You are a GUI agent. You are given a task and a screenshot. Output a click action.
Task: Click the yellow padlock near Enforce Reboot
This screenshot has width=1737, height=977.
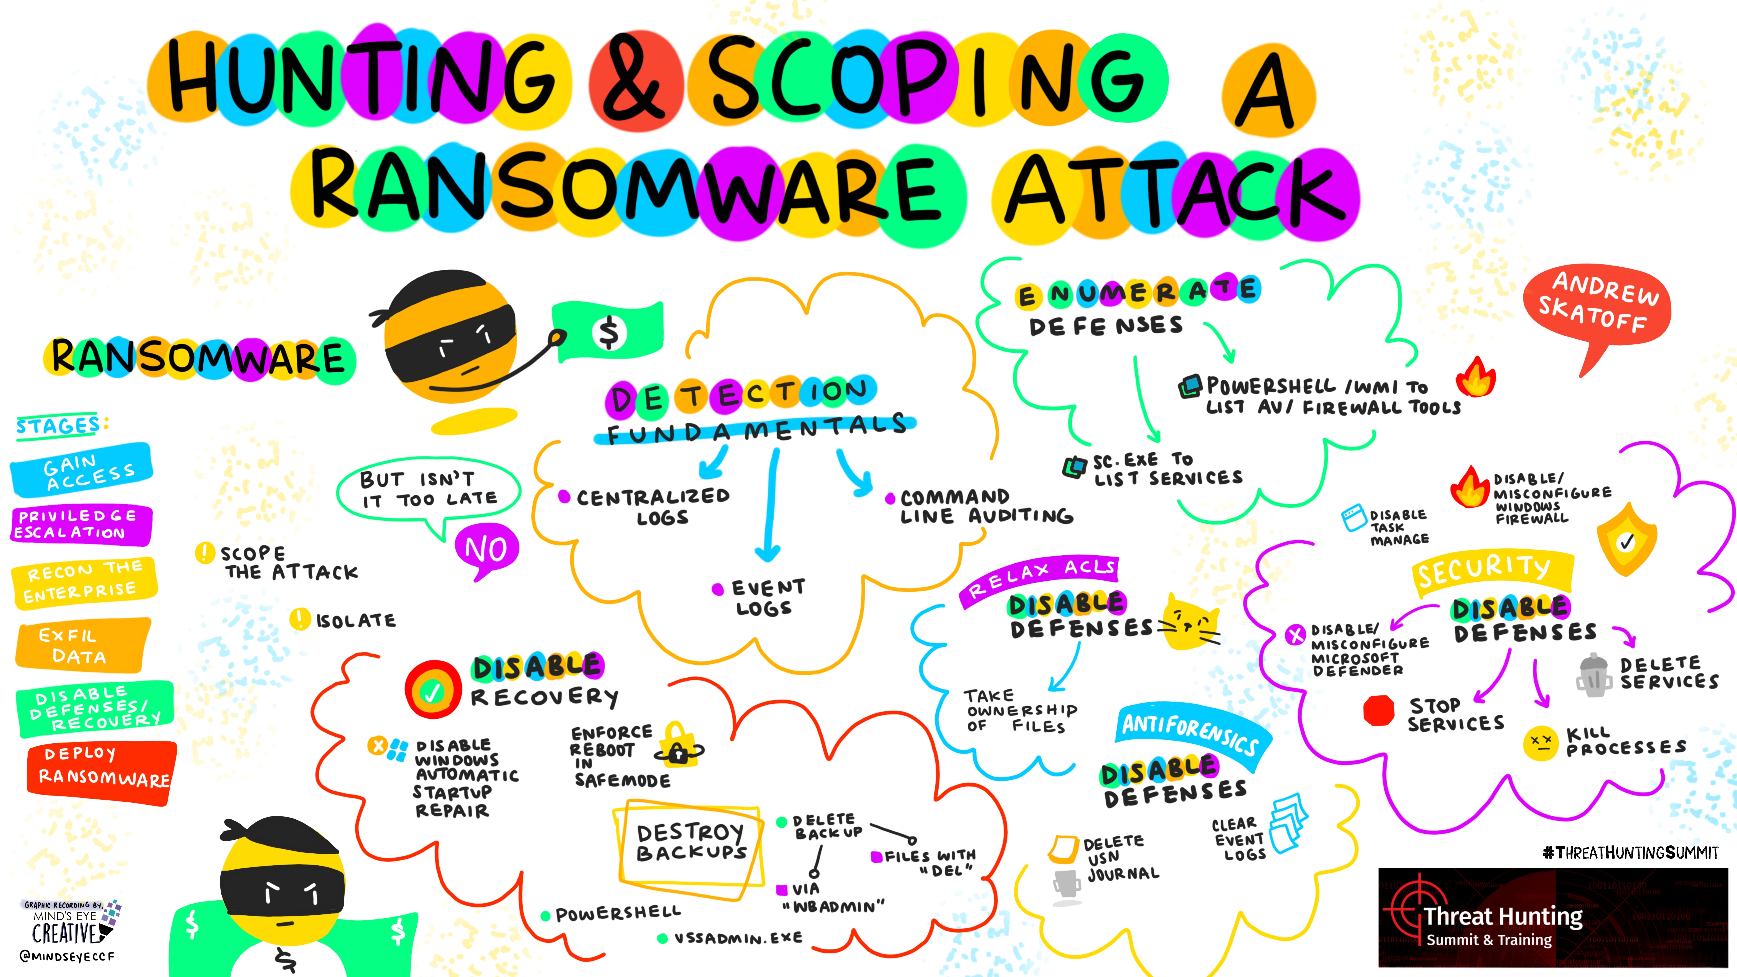[x=680, y=745]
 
